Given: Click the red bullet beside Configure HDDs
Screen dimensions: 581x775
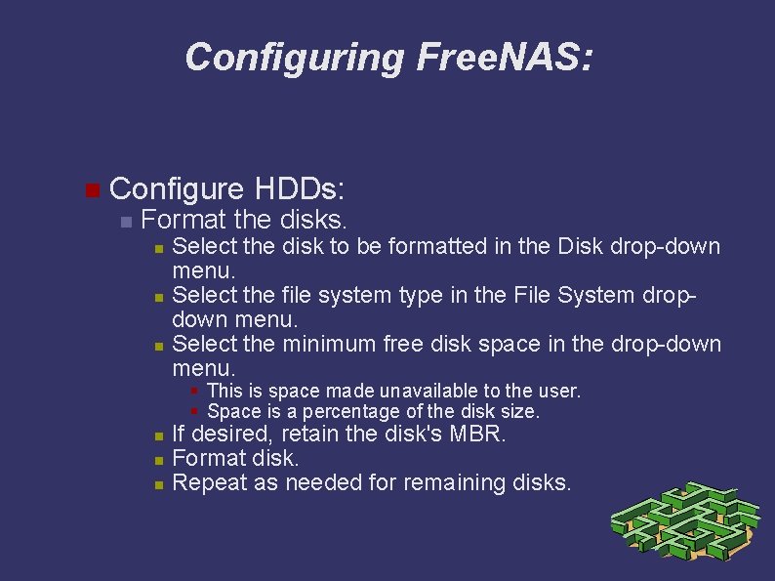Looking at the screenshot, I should point(92,189).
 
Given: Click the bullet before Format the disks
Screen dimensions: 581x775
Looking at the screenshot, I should point(124,222).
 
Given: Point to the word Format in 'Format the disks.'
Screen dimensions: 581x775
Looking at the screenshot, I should point(183,221).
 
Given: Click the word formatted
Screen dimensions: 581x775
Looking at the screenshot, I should point(441,247).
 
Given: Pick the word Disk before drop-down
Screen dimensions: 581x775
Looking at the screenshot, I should point(581,247).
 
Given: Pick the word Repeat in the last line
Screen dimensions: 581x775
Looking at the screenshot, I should point(208,482).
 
